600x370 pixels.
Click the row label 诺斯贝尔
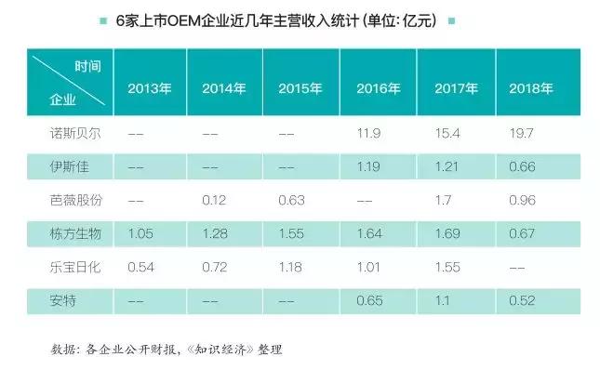click(71, 135)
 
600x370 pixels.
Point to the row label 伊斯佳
click(64, 167)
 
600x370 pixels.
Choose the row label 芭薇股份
click(71, 201)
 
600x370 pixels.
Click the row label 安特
click(59, 300)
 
